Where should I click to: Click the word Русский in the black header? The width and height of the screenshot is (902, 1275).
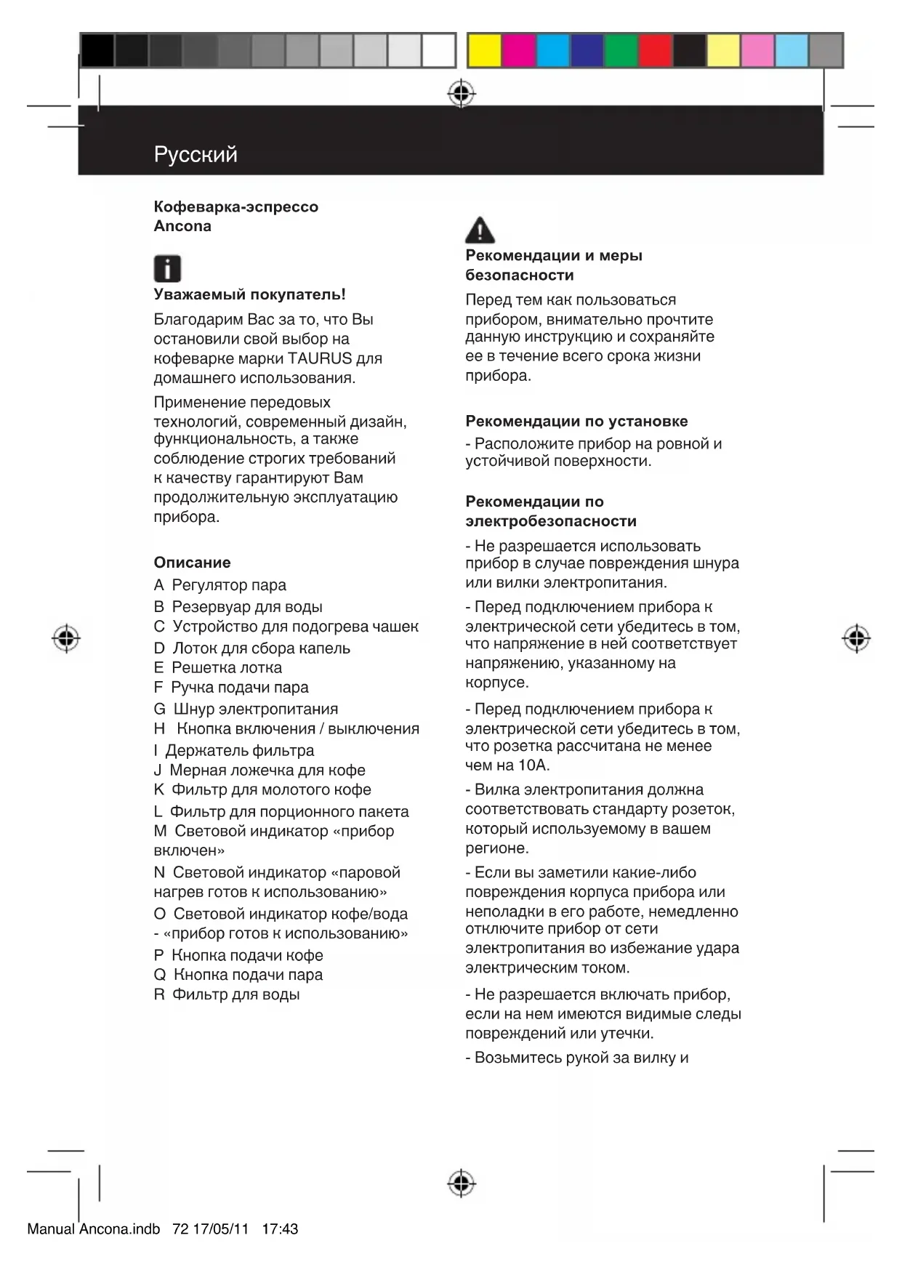coord(196,154)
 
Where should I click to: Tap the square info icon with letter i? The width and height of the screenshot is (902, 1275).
coord(167,269)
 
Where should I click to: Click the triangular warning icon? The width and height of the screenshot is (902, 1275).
coord(480,230)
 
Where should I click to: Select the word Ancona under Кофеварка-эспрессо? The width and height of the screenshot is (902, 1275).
coord(182,226)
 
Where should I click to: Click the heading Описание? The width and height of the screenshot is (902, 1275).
coord(192,562)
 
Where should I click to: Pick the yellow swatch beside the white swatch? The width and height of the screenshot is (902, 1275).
coord(484,51)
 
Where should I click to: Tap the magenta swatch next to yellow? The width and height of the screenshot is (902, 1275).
coord(519,51)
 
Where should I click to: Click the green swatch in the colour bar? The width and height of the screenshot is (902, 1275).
coord(621,51)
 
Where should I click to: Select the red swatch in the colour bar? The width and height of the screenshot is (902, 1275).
coord(655,51)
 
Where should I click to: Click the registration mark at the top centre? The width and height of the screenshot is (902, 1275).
coord(462,94)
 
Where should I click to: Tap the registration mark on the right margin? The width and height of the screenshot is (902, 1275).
coord(856,638)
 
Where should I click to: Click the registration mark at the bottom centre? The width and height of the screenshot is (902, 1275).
coord(462,1183)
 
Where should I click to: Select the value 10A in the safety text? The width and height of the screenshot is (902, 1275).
coord(533,765)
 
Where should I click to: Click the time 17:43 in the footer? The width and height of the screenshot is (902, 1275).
coord(280,1229)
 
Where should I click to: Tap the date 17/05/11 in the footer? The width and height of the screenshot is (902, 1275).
coord(220,1229)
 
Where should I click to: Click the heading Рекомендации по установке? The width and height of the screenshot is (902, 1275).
coord(576,421)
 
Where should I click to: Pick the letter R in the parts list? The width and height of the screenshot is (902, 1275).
coord(159,994)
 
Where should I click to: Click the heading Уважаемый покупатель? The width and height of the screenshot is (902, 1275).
coord(249,294)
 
